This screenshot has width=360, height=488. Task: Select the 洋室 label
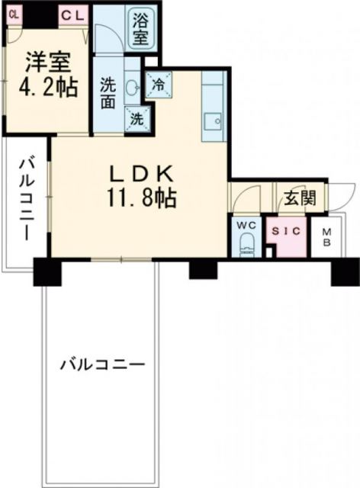[48, 62]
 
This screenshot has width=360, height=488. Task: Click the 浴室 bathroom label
[140, 30]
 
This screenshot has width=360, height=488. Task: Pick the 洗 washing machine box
[137, 119]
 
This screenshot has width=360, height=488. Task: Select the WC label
[245, 226]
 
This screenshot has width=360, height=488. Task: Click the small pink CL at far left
[14, 14]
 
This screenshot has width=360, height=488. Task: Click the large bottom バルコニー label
[102, 364]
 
